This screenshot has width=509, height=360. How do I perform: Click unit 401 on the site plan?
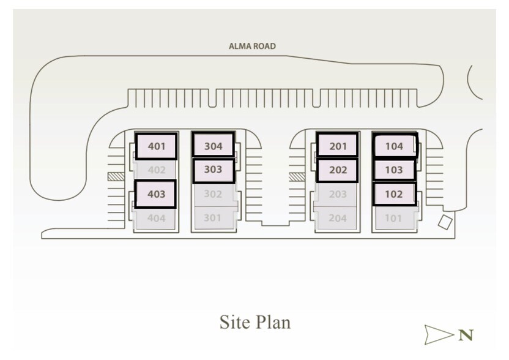156,146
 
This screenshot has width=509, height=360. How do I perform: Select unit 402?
156,170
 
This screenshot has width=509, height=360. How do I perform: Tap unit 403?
155,194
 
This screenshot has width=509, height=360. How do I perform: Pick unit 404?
156,218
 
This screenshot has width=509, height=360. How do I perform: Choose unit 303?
214,170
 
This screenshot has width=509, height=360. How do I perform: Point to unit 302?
213,195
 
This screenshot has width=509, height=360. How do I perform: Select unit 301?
213,218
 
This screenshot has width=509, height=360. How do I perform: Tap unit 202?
338,170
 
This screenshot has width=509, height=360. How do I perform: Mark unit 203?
338,195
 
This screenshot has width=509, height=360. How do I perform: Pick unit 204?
338,218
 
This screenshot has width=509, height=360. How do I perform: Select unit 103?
394,170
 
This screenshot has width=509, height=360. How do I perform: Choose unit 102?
394,194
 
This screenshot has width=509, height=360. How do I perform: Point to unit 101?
394,218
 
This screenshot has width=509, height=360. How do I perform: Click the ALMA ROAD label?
252,46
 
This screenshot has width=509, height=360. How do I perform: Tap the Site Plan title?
255,322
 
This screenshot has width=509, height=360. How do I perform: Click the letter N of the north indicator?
466,335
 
